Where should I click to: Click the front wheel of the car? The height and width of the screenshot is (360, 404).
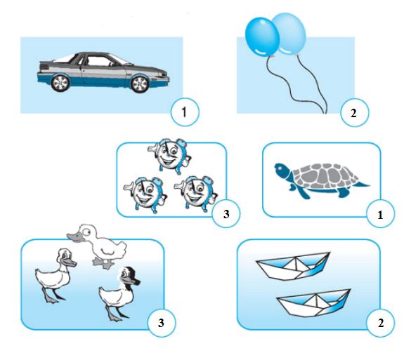[x=139, y=84]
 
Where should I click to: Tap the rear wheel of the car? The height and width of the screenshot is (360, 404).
[x=60, y=83]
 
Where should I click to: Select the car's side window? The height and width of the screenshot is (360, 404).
[x=98, y=62]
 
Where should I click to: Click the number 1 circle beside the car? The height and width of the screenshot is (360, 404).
[x=185, y=112]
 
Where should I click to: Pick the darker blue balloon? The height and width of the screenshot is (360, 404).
[x=262, y=36]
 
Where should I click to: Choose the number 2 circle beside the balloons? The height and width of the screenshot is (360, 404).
[x=355, y=112]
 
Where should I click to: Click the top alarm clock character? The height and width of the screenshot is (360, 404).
[x=170, y=156]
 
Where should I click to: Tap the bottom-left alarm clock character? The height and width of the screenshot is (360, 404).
[x=145, y=194]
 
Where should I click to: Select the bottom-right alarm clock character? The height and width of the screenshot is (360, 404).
[x=196, y=193]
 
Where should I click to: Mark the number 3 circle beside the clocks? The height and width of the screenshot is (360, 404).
[x=226, y=213]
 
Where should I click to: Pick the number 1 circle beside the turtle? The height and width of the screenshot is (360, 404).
[x=380, y=214]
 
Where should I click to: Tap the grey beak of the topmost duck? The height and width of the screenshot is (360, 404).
[x=75, y=236]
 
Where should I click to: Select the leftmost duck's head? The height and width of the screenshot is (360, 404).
[x=66, y=258]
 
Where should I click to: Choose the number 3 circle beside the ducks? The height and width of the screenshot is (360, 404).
[x=162, y=322]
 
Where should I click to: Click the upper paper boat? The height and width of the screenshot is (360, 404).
[x=293, y=267]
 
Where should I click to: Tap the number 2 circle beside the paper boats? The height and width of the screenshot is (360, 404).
[x=380, y=322]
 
